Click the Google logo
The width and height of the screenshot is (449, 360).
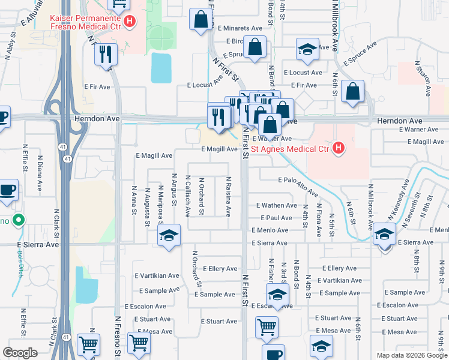tap(20, 353)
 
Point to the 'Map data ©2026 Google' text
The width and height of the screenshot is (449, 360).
tap(411, 355)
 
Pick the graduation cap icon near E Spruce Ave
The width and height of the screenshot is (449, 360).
tap(307, 50)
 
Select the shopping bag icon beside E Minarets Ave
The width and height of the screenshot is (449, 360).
tap(200, 19)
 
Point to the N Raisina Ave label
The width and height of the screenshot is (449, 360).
tap(228, 197)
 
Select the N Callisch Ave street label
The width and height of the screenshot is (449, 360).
tap(188, 196)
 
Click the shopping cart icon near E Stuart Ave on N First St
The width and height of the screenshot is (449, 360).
tap(267, 328)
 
